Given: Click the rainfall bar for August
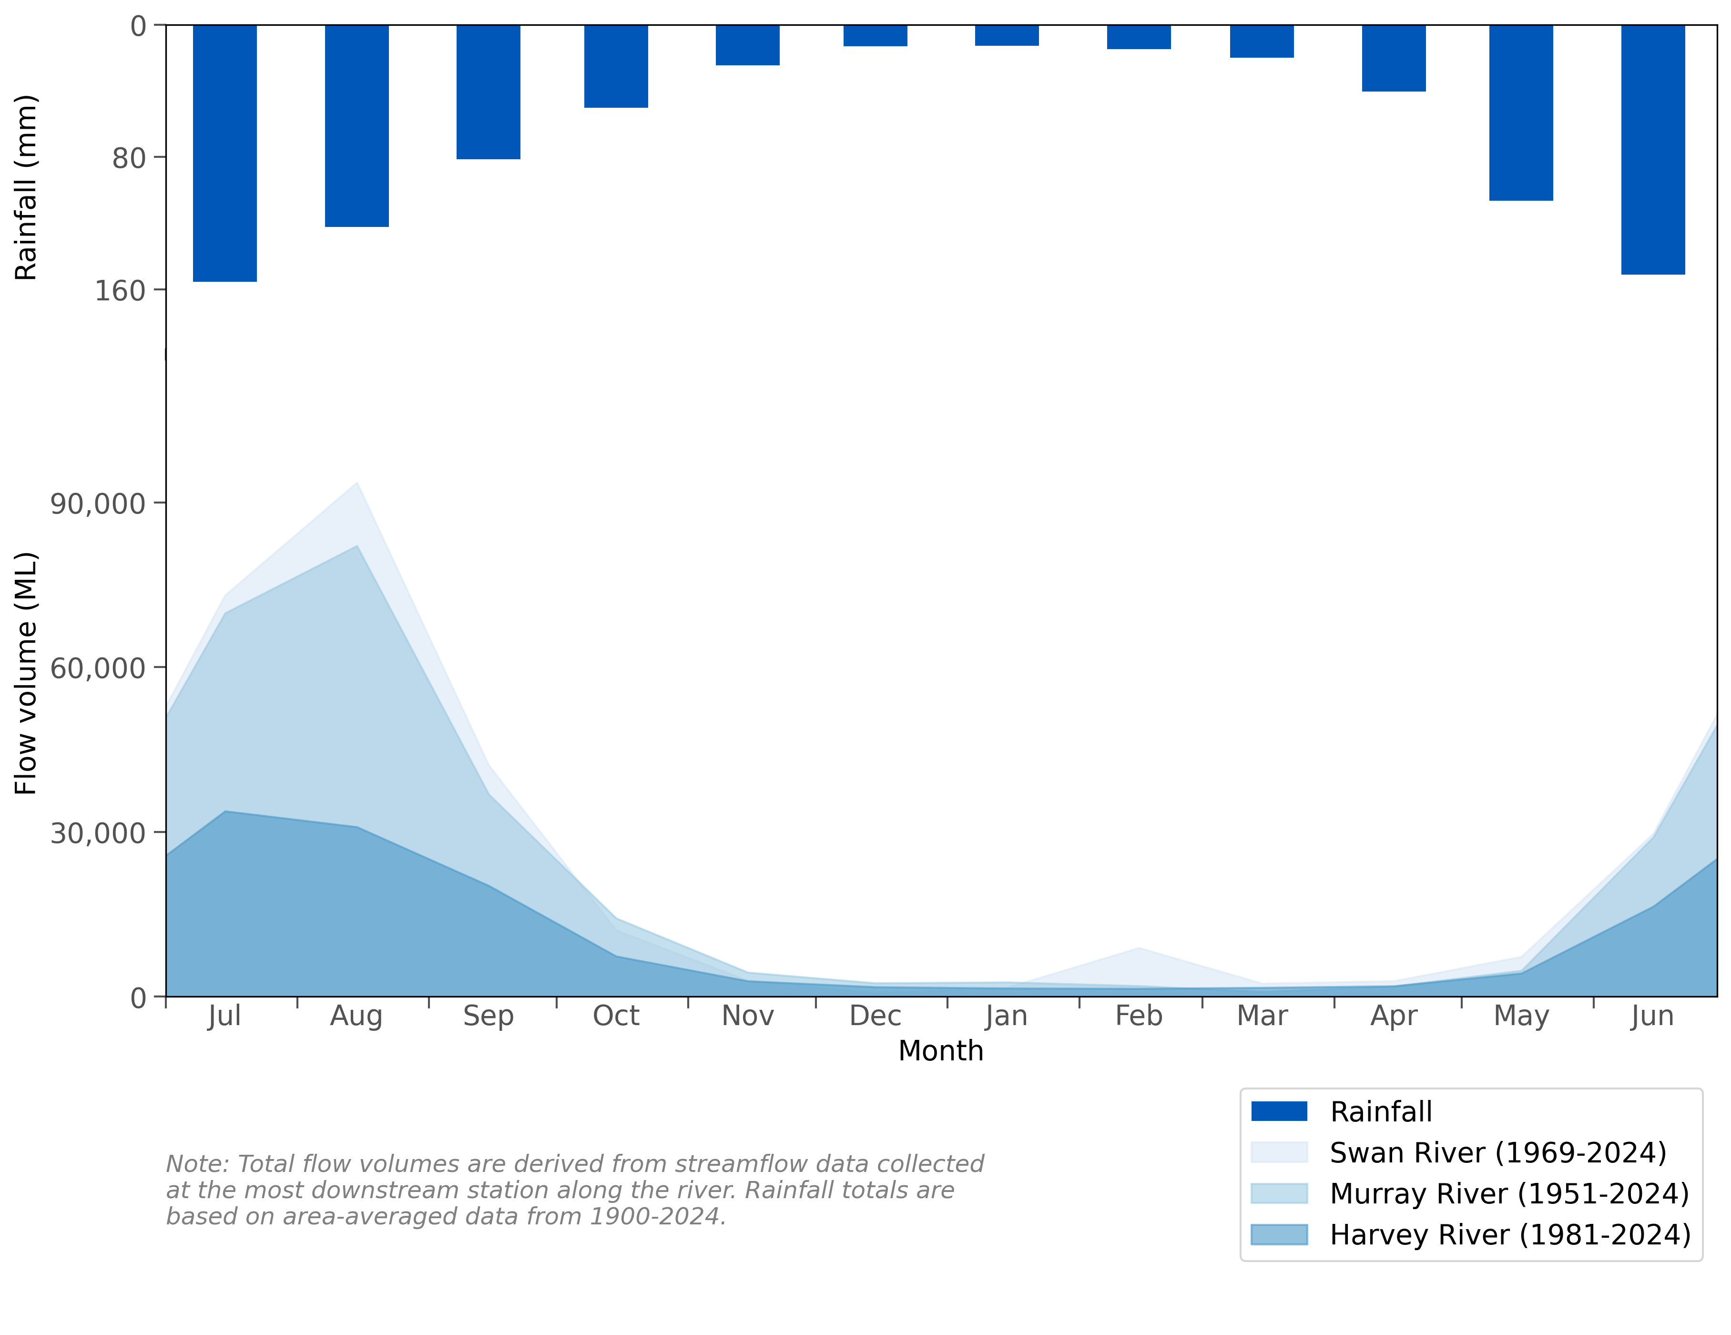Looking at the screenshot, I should [356, 126].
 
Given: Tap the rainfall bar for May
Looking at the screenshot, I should [1520, 113].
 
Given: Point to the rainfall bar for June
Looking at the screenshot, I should [1652, 150].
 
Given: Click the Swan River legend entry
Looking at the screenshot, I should [1497, 1152].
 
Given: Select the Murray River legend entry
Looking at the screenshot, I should [1508, 1193].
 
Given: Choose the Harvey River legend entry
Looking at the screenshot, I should [1509, 1234].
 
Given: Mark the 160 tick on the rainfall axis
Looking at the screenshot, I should [121, 291].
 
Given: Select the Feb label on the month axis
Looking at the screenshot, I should [1138, 1016].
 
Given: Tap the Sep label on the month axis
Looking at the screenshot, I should [488, 1016].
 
